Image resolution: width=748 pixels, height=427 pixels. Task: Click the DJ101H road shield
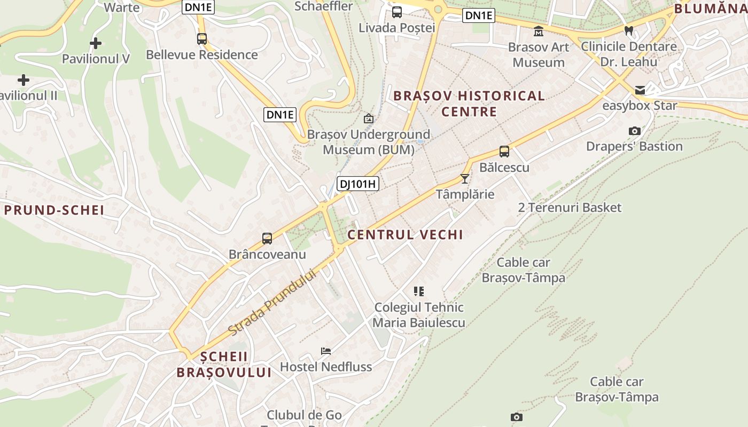[358, 184]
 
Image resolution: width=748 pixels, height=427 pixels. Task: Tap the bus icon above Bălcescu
[504, 152]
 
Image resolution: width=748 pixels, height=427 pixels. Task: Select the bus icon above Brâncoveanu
[267, 239]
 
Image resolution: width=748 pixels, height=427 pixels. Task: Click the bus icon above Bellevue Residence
[201, 39]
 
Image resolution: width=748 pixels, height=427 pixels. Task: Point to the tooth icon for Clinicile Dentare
[629, 31]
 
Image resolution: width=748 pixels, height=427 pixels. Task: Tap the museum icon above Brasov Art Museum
[539, 31]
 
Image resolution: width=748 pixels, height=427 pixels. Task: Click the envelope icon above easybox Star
[640, 90]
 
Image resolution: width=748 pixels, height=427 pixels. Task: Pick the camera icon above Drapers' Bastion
[635, 131]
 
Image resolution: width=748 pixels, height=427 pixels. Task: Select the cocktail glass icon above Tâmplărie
[465, 178]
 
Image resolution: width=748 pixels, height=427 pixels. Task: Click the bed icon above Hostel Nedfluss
[326, 351]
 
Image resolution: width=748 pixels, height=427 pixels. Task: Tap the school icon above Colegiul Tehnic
[419, 291]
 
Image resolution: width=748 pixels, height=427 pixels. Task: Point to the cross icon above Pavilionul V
[96, 43]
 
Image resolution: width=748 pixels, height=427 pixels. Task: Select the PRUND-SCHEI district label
[54, 210]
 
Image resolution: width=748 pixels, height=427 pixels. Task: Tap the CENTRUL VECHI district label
[406, 234]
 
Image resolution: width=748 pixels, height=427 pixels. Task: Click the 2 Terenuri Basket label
[570, 208]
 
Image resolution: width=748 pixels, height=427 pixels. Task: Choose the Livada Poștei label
[397, 28]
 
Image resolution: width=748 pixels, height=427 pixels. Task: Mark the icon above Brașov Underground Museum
[368, 118]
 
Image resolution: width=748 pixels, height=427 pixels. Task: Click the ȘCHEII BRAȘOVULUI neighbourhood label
[224, 364]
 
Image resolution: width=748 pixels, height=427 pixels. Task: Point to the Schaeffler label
[324, 6]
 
